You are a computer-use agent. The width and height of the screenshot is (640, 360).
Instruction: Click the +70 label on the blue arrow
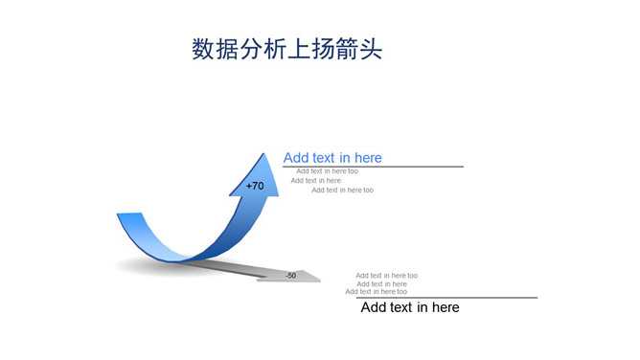pos(255,186)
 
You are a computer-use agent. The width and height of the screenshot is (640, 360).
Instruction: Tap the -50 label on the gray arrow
pos(291,276)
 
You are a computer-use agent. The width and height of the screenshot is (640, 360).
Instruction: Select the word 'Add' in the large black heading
pos(374,307)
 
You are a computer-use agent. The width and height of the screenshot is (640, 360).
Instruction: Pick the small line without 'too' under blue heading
pos(316,180)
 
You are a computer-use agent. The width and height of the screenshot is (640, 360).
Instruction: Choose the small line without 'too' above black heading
pos(381,283)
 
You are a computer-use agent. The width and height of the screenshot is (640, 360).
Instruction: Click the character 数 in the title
pos(203,49)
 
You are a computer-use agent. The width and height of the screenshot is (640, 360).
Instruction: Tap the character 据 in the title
pos(227,49)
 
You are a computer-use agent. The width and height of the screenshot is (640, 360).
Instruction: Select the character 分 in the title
pos(251,49)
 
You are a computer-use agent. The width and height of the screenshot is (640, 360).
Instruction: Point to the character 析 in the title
pos(275,49)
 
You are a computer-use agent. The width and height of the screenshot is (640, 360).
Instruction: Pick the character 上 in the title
pos(299,49)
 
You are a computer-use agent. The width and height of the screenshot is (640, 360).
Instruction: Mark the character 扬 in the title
pos(323,49)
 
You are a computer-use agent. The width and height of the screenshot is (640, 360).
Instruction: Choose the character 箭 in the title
pos(347,49)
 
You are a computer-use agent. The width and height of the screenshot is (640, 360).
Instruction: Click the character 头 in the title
pos(371,49)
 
